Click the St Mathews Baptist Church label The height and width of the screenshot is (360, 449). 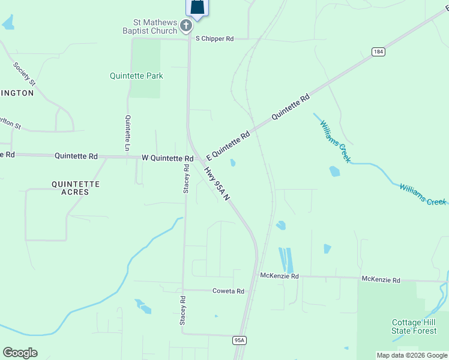pyautogui.click(x=149, y=26)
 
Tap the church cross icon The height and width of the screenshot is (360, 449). pyautogui.click(x=186, y=25)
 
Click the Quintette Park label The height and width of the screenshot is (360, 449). pyautogui.click(x=136, y=76)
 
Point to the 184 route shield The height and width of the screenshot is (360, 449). pyautogui.click(x=378, y=52)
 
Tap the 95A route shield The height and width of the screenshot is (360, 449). pyautogui.click(x=240, y=340)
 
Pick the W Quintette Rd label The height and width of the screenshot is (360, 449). pyautogui.click(x=167, y=158)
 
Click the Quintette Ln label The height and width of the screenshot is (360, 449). pyautogui.click(x=128, y=133)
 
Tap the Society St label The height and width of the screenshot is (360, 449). pyautogui.click(x=25, y=74)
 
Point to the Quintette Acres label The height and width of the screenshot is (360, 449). pyautogui.click(x=76, y=188)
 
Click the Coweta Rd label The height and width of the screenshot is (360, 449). pyautogui.click(x=228, y=291)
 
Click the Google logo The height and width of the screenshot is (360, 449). pyautogui.click(x=20, y=353)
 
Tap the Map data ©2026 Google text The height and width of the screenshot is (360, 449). pyautogui.click(x=412, y=355)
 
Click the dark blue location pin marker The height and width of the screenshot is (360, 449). pyautogui.click(x=198, y=8)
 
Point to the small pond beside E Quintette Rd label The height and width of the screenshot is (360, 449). pyautogui.click(x=232, y=163)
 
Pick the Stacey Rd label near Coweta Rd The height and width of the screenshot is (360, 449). pyautogui.click(x=182, y=310)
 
